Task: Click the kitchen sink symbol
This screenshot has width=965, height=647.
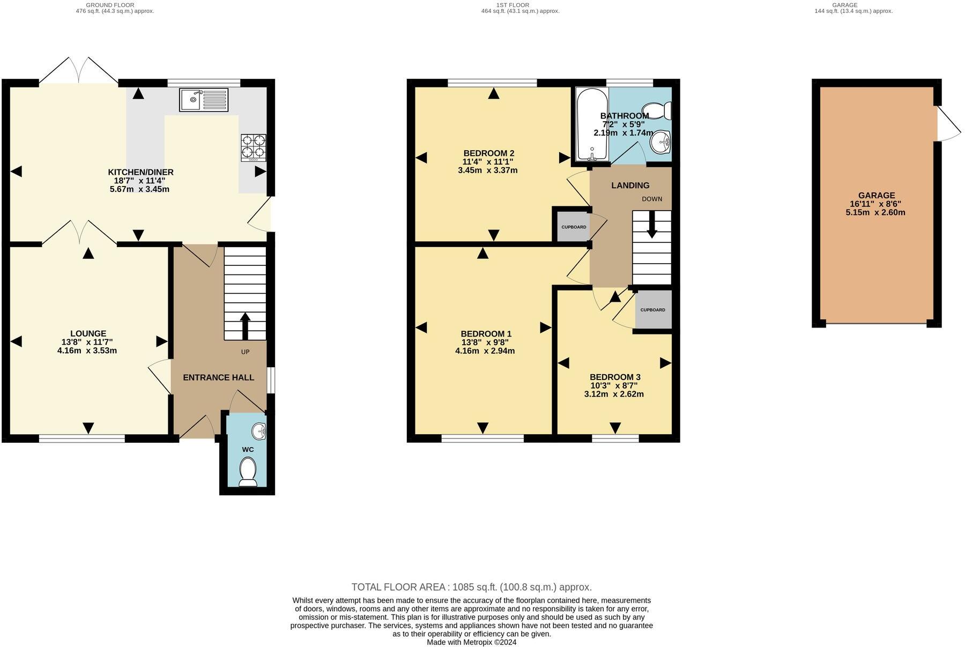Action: click(204, 100)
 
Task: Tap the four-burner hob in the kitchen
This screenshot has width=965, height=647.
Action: click(254, 147)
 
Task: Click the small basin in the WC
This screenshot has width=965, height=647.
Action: click(260, 430)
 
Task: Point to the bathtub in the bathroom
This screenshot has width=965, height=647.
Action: click(592, 124)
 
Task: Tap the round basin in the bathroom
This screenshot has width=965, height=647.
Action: click(660, 143)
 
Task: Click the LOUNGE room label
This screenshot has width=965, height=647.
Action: click(88, 333)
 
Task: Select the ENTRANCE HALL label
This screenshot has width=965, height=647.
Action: click(218, 377)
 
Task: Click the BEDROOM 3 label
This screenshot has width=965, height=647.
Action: click(615, 377)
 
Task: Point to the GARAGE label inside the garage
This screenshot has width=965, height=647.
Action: click(877, 196)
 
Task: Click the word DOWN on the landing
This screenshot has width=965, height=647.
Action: click(652, 199)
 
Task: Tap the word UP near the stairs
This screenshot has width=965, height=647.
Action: click(245, 352)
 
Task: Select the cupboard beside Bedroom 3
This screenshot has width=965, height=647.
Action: click(652, 310)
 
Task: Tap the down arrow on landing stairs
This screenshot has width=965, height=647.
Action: click(652, 225)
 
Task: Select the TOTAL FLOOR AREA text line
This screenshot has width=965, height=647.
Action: click(471, 587)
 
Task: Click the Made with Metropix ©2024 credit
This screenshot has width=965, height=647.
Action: click(471, 642)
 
